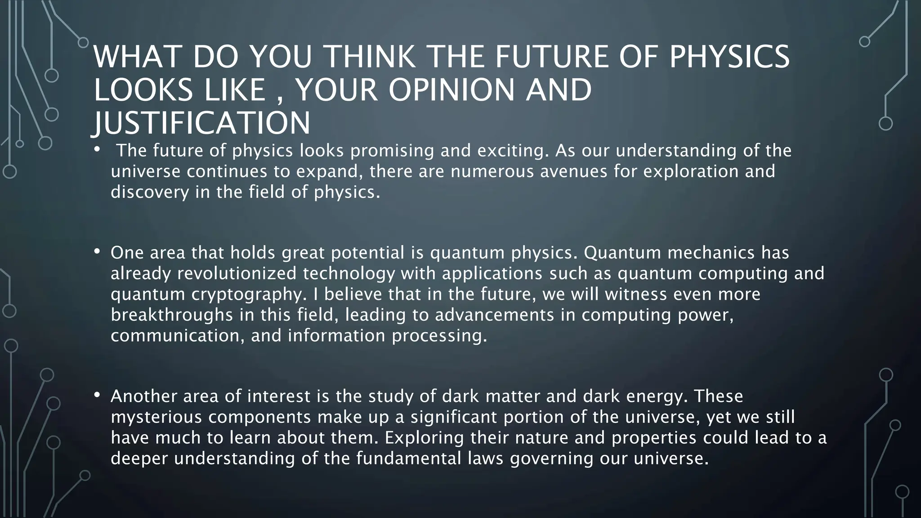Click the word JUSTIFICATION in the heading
point(202,123)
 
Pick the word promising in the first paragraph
point(392,151)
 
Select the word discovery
point(150,192)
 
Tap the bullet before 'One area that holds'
point(97,252)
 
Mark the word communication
point(178,336)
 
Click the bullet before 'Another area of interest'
point(97,396)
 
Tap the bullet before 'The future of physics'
point(97,150)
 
